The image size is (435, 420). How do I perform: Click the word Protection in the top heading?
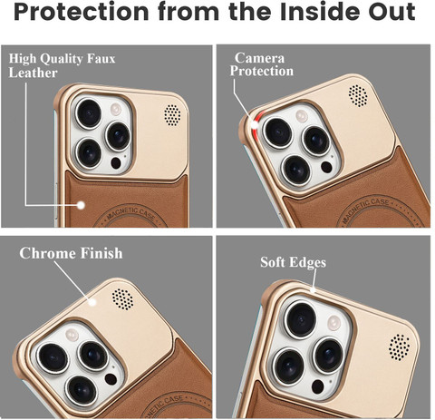point(82,12)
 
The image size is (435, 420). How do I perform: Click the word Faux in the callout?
point(101,59)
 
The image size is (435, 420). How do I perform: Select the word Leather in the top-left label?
point(33,73)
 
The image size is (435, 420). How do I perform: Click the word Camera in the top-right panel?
point(259,58)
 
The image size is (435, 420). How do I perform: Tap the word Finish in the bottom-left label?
point(101,253)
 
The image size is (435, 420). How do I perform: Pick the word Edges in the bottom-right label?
point(307,263)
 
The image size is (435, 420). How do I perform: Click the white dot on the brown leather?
point(81,205)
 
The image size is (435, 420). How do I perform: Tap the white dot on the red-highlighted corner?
point(256,124)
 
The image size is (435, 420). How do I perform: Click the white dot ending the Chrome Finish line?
point(92,302)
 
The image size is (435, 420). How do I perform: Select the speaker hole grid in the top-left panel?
point(173,115)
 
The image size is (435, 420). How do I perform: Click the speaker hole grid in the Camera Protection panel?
point(358,95)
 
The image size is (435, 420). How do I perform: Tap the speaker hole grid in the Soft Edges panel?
point(400,347)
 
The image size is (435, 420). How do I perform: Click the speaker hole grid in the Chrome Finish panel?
point(122,299)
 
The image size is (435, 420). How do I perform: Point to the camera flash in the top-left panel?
point(116,109)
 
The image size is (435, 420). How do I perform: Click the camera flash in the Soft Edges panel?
point(334,323)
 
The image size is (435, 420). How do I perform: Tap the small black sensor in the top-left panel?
point(116,163)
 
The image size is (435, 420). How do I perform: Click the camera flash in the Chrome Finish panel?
point(72,335)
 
